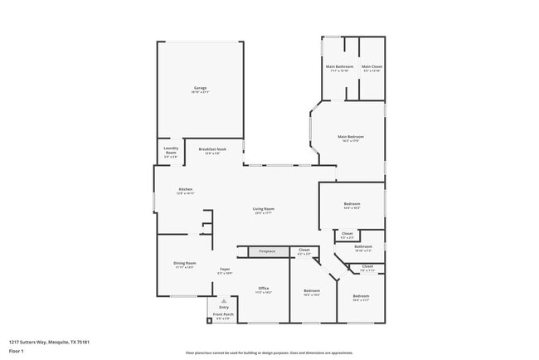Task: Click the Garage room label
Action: click(x=201, y=88)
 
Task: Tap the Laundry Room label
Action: click(x=170, y=152)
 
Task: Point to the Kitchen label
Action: click(x=186, y=190)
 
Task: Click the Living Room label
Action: click(x=264, y=209)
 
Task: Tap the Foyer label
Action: click(x=224, y=269)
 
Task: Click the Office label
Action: click(x=264, y=289)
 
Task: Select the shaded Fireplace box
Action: click(x=266, y=251)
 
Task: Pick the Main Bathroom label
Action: click(x=339, y=67)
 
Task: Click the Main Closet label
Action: click(x=371, y=67)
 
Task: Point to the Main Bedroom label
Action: click(x=350, y=137)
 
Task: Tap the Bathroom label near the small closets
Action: click(x=363, y=246)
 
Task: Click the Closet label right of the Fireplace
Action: click(x=303, y=251)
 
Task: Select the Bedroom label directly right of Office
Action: click(x=311, y=291)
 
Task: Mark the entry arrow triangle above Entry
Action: click(x=224, y=301)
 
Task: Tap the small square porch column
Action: click(x=210, y=319)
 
